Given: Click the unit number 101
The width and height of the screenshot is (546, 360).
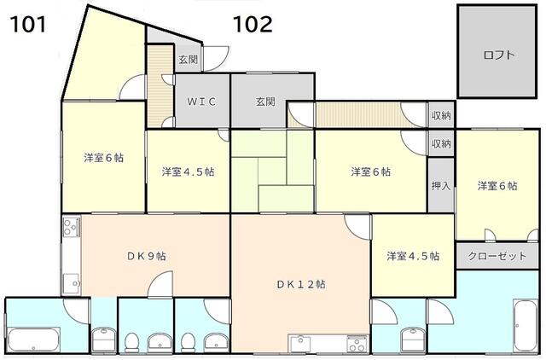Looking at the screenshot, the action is [x=28, y=25].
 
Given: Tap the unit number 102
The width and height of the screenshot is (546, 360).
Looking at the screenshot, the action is [x=253, y=25].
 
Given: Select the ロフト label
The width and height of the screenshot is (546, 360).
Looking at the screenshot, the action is [x=498, y=55].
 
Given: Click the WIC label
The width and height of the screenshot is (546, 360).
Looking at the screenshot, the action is [x=201, y=102].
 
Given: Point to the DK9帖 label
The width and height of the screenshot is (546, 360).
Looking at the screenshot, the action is [x=146, y=256].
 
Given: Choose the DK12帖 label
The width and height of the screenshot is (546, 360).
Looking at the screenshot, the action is [x=301, y=284].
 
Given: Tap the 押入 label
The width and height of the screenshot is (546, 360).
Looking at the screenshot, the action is [x=441, y=186].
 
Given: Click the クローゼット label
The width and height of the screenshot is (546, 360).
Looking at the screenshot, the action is [x=497, y=256].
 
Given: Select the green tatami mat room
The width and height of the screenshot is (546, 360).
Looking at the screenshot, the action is [x=273, y=171].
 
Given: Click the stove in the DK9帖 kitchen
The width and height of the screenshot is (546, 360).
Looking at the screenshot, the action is [x=72, y=226].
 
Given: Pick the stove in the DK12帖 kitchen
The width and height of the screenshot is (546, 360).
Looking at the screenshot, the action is [x=357, y=345].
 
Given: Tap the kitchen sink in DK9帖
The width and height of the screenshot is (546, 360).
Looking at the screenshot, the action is [x=72, y=283].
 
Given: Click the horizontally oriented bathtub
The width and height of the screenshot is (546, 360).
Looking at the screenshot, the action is [x=34, y=340].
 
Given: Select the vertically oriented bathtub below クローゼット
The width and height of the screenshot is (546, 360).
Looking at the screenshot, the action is [x=526, y=325].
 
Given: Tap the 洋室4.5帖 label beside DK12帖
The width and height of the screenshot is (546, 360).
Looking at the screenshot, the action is [x=413, y=256].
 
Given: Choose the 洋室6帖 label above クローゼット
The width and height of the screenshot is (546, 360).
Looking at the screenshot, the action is [x=497, y=186].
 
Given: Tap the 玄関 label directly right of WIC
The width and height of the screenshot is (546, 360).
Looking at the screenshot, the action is [x=265, y=102].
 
